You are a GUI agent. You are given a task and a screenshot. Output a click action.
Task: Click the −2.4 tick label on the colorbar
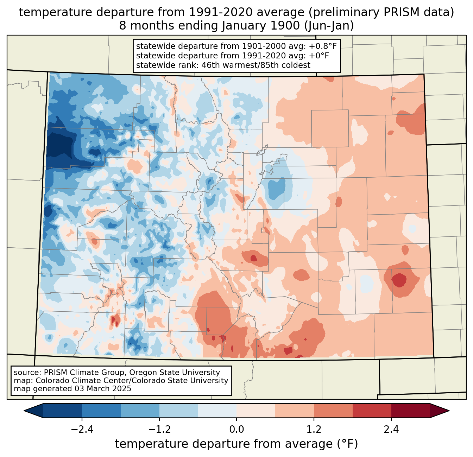(x=82, y=430)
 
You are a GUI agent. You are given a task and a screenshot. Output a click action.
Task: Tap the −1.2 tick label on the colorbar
(x=159, y=430)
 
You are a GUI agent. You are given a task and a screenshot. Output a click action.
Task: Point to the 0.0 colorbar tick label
(x=237, y=430)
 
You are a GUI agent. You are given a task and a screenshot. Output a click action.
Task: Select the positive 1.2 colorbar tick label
(x=314, y=430)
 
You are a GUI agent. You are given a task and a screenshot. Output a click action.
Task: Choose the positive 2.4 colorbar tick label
(x=391, y=430)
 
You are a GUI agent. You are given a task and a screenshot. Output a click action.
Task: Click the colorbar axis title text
(x=237, y=444)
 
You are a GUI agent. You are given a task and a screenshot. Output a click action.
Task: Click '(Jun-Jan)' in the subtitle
(x=329, y=26)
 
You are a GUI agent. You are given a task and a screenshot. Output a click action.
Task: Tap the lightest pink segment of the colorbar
(x=256, y=411)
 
